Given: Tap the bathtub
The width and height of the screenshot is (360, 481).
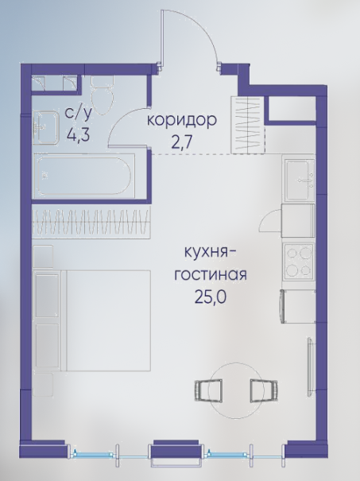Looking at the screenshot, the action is pyautogui.click(x=84, y=176).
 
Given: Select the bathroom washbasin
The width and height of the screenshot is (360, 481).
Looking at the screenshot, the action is pyautogui.click(x=45, y=128).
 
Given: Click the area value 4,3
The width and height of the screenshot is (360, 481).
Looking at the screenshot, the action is pyautogui.click(x=79, y=134).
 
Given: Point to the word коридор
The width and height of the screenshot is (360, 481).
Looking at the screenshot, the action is pyautogui.click(x=182, y=121).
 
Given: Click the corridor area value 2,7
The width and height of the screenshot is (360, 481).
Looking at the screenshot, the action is pyautogui.click(x=182, y=142).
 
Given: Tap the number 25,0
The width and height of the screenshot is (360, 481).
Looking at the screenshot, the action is pyautogui.click(x=210, y=297).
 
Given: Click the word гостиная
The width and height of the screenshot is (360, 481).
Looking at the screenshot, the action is pyautogui.click(x=211, y=274).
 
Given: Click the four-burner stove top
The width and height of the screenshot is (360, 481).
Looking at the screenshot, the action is pyautogui.click(x=298, y=262).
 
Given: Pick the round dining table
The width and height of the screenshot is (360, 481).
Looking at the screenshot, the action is pyautogui.click(x=236, y=390).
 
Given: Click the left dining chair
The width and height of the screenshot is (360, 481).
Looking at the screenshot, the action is pyautogui.click(x=208, y=390).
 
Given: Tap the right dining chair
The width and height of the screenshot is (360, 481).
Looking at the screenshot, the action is pyautogui.click(x=265, y=390).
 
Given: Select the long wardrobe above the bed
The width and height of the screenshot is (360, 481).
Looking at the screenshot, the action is pyautogui.click(x=91, y=222).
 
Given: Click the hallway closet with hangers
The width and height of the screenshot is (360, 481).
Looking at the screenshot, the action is pyautogui.click(x=249, y=125).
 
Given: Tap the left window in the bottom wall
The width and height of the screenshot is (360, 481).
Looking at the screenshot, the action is pyautogui.click(x=92, y=454).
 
